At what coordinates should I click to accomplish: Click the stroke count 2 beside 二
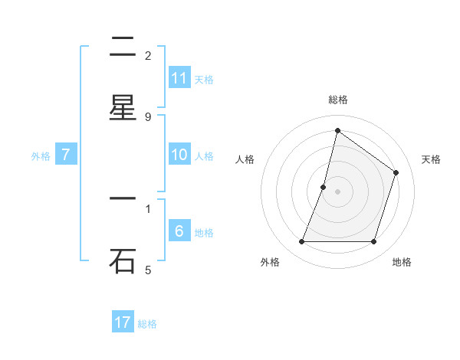coord(148,56)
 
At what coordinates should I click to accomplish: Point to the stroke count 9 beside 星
coord(148,116)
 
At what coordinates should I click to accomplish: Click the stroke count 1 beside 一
coord(148,208)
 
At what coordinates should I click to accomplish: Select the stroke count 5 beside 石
coord(148,270)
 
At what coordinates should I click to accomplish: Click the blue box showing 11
coord(179,78)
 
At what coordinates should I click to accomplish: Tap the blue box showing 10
coord(179,155)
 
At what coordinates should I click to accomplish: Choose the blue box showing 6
coord(179,231)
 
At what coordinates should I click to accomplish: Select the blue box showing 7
coord(66,155)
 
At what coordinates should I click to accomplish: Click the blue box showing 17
coord(123,322)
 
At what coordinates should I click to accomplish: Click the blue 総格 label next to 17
coord(147,324)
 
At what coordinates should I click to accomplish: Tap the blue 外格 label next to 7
coord(41,156)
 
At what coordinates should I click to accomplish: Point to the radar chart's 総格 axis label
coord(337,100)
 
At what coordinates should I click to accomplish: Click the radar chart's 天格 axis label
coord(431,159)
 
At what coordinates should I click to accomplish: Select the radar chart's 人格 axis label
coord(245,159)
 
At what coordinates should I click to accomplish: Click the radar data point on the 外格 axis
coord(301,242)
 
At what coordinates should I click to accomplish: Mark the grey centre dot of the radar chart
coord(337,191)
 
